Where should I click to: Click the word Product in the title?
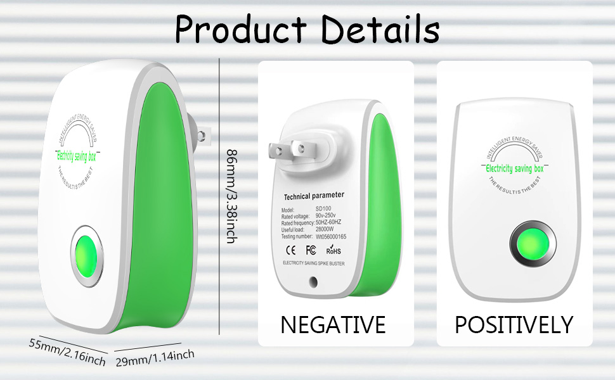(x=241, y=30)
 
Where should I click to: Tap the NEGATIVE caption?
(x=333, y=325)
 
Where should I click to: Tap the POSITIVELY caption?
(x=514, y=325)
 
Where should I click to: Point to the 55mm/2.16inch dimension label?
(x=67, y=352)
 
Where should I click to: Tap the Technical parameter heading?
(x=314, y=196)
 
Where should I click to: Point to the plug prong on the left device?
(x=202, y=134)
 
